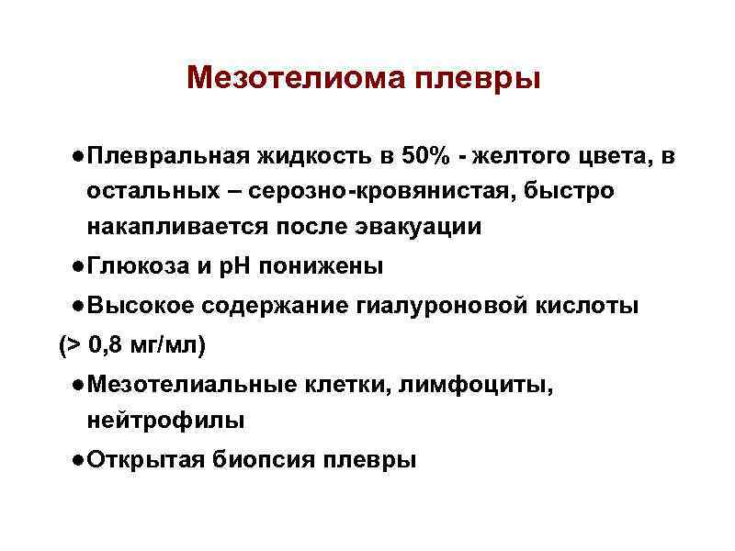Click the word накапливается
[x=183, y=226]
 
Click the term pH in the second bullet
[x=236, y=267]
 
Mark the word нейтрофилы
[x=165, y=421]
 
